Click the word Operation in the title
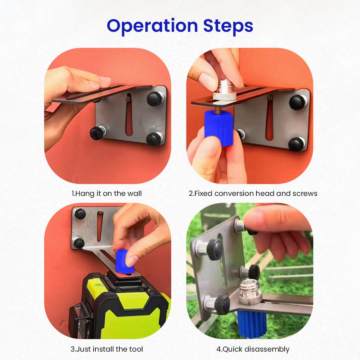click(x=152, y=26)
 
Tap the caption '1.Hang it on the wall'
click(x=106, y=193)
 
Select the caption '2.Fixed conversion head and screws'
click(x=253, y=193)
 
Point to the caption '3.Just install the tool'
click(x=107, y=349)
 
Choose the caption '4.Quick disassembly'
click(x=253, y=349)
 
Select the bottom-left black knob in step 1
click(x=96, y=133)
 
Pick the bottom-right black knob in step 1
click(x=153, y=138)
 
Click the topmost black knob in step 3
click(x=79, y=214)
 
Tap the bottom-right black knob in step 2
click(x=297, y=143)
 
